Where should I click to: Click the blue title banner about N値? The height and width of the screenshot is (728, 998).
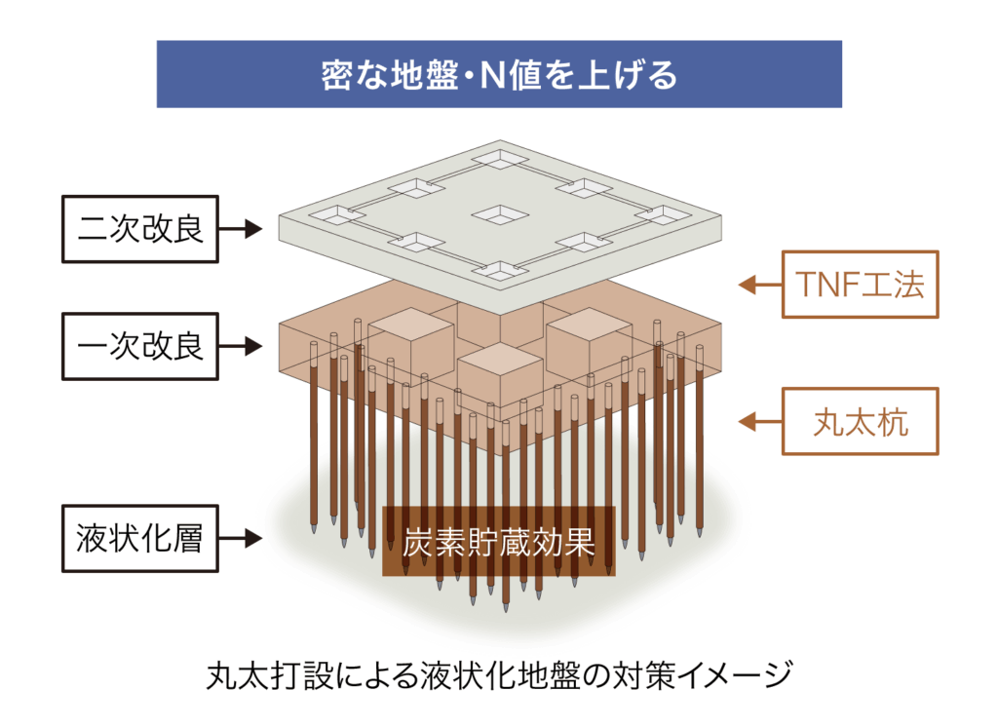point(499,74)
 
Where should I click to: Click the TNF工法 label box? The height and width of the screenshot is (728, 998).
point(860,285)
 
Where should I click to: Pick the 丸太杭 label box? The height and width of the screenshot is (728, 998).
point(860,422)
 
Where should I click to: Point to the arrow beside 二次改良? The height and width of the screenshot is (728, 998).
point(240,230)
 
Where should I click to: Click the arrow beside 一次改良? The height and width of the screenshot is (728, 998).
point(240,345)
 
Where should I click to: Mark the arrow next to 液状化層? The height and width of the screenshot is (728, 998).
point(240,538)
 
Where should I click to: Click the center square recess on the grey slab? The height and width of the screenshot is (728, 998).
point(499,214)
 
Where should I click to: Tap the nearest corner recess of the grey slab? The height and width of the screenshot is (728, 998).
point(499,272)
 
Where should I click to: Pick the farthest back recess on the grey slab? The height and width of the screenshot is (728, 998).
point(499,159)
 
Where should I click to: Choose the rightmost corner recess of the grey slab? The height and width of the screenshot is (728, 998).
point(666,214)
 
